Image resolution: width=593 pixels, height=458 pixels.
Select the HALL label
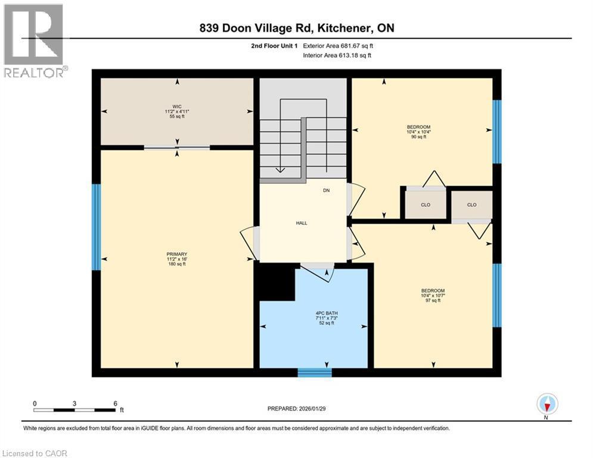pyautogui.click(x=302, y=222)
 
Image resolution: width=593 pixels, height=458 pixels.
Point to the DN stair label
pyautogui.click(x=326, y=190)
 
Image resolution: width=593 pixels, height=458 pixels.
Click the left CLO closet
pyautogui.click(x=426, y=205)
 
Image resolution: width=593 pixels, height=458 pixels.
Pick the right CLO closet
pyautogui.click(x=471, y=205)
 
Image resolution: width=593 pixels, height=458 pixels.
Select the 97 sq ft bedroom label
pyautogui.click(x=431, y=295)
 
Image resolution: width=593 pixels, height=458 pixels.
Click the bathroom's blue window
pyautogui.click(x=314, y=373)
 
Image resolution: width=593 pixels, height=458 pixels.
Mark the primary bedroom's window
pyautogui.click(x=96, y=227)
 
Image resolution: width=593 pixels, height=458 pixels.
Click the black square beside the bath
pyautogui.click(x=275, y=281)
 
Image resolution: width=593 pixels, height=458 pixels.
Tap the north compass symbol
pyautogui.click(x=547, y=404)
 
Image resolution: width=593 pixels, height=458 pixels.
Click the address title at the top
pyautogui.click(x=297, y=28)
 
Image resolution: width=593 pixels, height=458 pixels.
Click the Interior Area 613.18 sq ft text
pyautogui.click(x=337, y=55)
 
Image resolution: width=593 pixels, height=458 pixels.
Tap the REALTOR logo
pyautogui.click(x=34, y=41)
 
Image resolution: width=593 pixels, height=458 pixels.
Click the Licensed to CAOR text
pyautogui.click(x=36, y=453)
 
